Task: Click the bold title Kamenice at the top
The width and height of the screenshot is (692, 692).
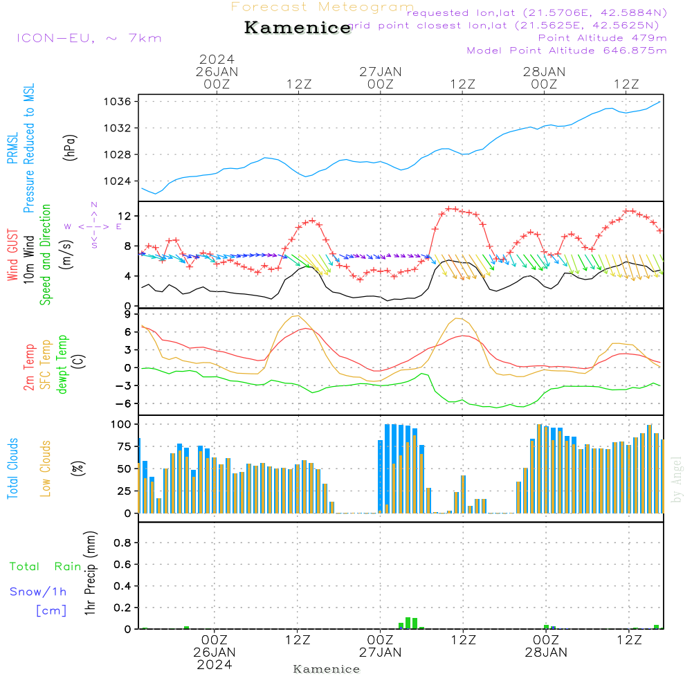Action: pyautogui.click(x=298, y=28)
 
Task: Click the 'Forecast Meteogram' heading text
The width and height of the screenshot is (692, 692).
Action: pyautogui.click(x=322, y=8)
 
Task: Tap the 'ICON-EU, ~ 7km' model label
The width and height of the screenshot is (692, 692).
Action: pyautogui.click(x=89, y=38)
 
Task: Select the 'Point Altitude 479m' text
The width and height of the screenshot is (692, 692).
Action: pyautogui.click(x=602, y=37)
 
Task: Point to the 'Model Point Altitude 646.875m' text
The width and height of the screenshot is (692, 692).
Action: pyautogui.click(x=567, y=51)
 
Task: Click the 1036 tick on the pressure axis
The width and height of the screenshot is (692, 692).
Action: pyautogui.click(x=118, y=102)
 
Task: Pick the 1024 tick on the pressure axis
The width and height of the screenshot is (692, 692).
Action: pyautogui.click(x=118, y=181)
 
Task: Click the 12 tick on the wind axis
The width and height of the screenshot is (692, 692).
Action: pyautogui.click(x=126, y=217)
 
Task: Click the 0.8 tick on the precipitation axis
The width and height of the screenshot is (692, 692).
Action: pyautogui.click(x=122, y=543)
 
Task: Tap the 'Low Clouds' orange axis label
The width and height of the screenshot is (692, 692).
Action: pyautogui.click(x=46, y=468)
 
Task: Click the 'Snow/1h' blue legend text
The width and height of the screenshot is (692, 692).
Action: pyautogui.click(x=39, y=592)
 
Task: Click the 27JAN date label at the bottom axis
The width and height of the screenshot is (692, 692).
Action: pyautogui.click(x=380, y=653)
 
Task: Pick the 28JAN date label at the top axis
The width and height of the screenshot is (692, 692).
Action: pyautogui.click(x=544, y=71)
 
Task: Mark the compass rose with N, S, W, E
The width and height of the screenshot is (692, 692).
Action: pyautogui.click(x=93, y=226)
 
